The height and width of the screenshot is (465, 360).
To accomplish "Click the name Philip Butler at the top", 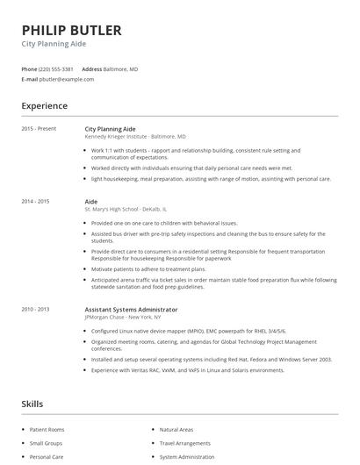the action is [71, 30].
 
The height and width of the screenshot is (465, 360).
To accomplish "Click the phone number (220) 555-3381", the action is [56, 69].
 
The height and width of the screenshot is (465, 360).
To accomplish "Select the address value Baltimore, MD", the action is [122, 69].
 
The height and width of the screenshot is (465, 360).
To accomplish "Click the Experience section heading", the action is [44, 106].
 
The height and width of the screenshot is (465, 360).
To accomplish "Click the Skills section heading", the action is [32, 404].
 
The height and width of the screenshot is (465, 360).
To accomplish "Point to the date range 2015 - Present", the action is [39, 129].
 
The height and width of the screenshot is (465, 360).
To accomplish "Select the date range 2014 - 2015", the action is [36, 202].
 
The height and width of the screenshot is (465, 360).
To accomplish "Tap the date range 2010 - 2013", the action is [36, 310].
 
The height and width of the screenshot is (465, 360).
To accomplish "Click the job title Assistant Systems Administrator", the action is [131, 310].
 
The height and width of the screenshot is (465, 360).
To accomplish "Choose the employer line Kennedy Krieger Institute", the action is [135, 137].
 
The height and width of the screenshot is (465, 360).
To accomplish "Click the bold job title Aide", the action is [90, 202].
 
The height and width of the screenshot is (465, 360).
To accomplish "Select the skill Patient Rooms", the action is [47, 430].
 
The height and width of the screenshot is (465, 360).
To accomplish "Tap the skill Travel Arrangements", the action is [185, 443].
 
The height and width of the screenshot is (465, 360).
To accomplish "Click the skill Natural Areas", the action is [176, 430].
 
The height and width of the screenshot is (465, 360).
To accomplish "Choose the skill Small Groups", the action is [47, 443].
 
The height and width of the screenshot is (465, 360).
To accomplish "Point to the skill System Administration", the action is [187, 457].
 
